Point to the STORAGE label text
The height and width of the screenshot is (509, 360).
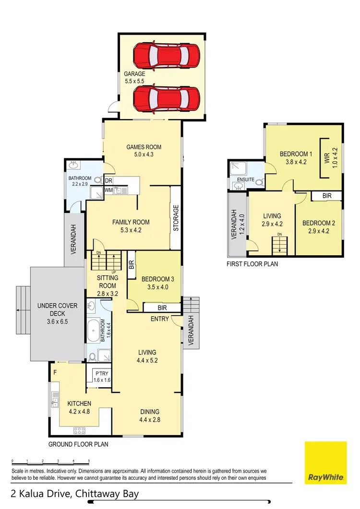click(176, 218)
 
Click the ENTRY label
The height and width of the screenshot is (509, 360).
click(159, 319)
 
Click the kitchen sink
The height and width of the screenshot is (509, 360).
click(56, 398)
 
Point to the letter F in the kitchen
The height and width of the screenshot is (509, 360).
click(55, 372)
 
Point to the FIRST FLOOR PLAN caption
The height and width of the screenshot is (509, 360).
click(252, 264)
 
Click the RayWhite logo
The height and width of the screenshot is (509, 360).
click(325, 463)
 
